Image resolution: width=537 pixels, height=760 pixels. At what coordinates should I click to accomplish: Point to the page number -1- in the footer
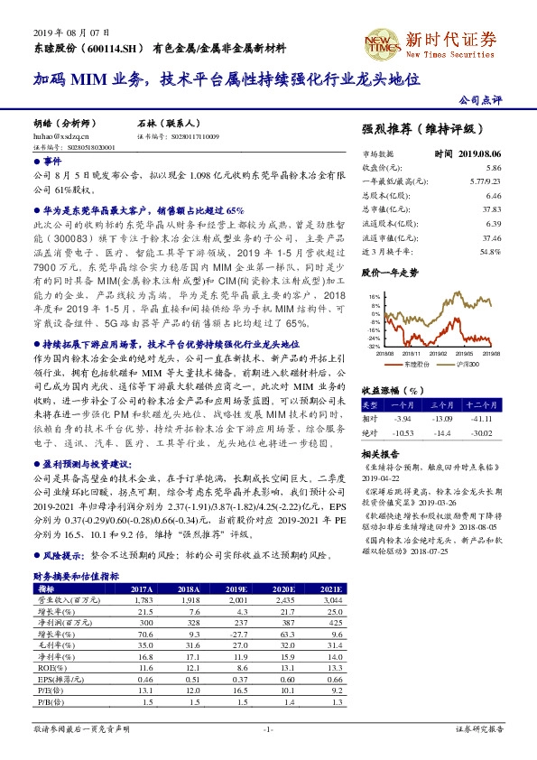click(x=268, y=728)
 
